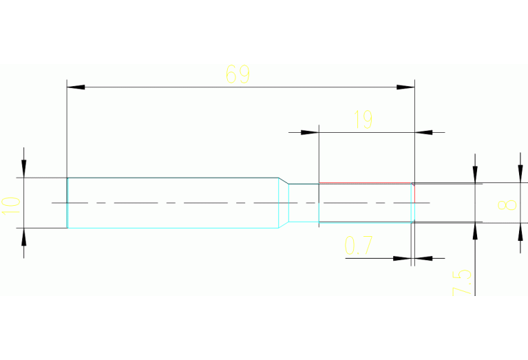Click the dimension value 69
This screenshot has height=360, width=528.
click(x=237, y=74)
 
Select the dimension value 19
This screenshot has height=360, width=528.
click(x=363, y=120)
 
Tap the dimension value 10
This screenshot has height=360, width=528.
click(x=11, y=206)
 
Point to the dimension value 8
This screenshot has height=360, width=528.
click(x=507, y=205)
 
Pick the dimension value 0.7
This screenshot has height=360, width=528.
click(x=359, y=245)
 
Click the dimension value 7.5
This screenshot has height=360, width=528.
click(x=462, y=282)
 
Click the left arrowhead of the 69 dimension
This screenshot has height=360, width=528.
click(x=76, y=87)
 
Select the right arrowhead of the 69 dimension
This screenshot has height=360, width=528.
click(x=405, y=87)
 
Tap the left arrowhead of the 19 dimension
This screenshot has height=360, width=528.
click(x=310, y=132)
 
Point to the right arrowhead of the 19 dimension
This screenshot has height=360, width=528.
click(x=423, y=132)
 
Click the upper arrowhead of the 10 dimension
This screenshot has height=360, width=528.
click(x=23, y=169)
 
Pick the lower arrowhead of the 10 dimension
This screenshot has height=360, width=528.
click(x=23, y=237)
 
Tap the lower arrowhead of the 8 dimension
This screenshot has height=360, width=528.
click(x=520, y=232)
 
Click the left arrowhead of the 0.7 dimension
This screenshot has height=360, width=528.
click(x=402, y=258)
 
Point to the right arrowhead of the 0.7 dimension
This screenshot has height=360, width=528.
click(x=423, y=258)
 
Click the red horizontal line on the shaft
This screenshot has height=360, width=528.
click(x=366, y=183)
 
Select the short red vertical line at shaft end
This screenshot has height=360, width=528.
click(x=414, y=193)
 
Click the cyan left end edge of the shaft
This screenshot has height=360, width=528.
click(x=67, y=203)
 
